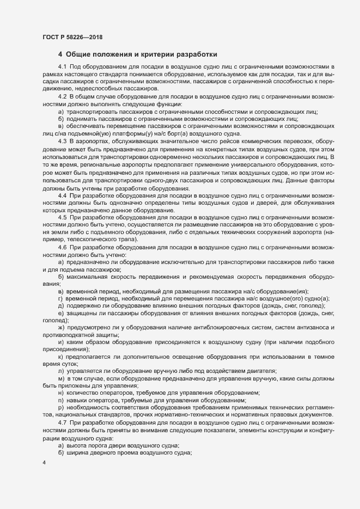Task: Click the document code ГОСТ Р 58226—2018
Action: pyautogui.click(x=72, y=38)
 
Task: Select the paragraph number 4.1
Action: pyautogui.click(x=62, y=66)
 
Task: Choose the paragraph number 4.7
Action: pyautogui.click(x=62, y=422)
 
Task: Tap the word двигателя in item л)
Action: pyautogui.click(x=261, y=370)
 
